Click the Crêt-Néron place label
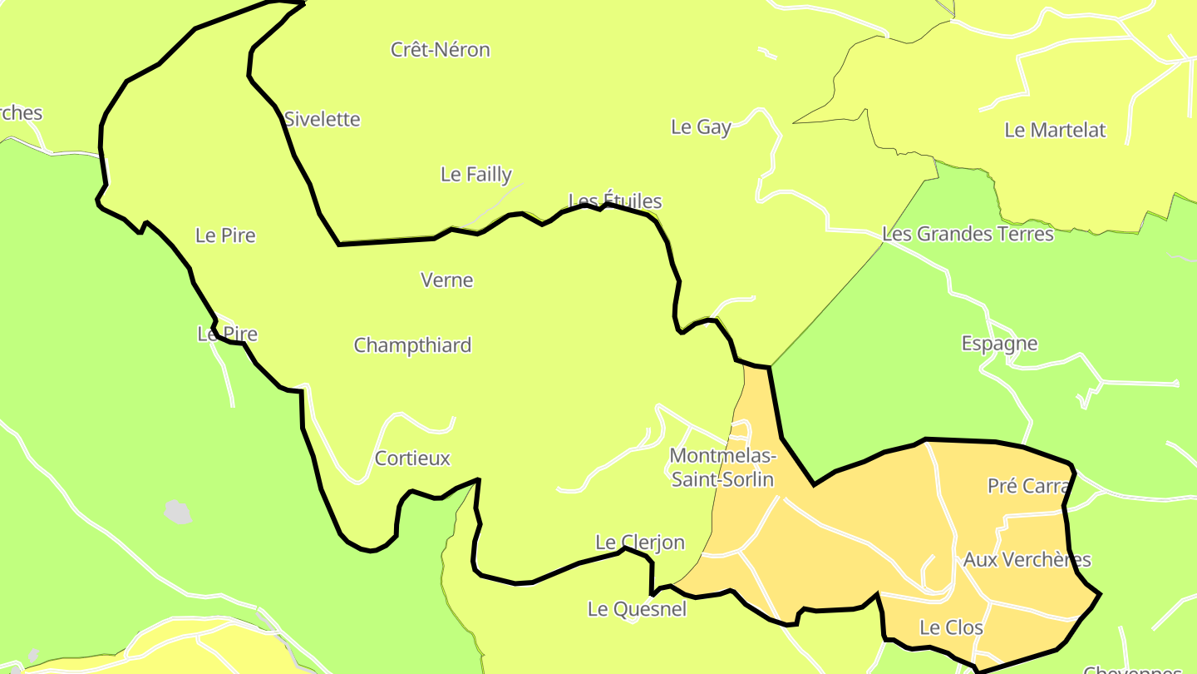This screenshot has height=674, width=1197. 441,50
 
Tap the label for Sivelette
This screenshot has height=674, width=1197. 323,119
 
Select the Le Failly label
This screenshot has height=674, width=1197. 476,175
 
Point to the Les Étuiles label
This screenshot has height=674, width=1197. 615,201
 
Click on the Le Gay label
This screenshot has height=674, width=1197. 701,127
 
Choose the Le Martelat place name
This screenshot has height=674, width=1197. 1055,130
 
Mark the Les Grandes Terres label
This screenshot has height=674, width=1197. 968,234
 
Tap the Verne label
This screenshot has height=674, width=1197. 447,280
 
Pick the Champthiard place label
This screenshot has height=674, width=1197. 412,345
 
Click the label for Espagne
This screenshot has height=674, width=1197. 999,344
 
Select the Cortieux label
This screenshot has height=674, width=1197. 412,458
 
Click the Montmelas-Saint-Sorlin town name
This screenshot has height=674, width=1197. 722,468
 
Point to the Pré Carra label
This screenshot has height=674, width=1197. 1027,486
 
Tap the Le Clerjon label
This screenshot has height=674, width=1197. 640,543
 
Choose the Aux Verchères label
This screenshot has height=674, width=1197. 1027,560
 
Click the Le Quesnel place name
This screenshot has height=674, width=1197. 637,609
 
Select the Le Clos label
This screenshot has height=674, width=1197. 951,627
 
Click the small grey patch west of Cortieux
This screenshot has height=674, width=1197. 177,512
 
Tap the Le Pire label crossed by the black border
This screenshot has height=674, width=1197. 227,335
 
